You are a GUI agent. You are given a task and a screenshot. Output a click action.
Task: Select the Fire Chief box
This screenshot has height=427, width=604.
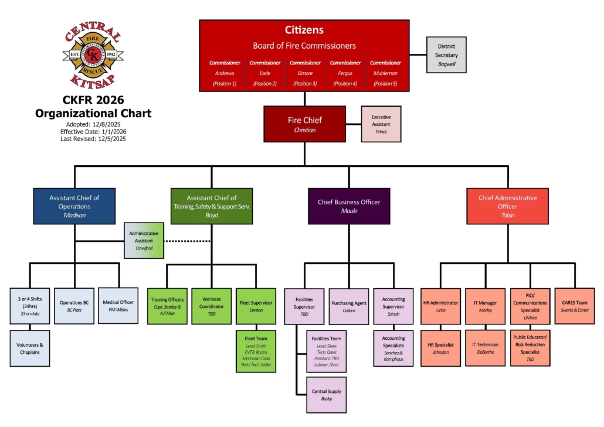pos(304,124)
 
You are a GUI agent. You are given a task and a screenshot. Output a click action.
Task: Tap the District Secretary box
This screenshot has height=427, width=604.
pos(447,54)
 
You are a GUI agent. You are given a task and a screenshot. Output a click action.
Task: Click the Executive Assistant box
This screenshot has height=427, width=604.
pos(381,124)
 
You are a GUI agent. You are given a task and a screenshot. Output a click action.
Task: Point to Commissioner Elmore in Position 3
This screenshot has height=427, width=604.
pos(305,73)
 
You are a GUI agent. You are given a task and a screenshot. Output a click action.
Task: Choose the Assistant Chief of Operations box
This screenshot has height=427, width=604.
pos(74,206)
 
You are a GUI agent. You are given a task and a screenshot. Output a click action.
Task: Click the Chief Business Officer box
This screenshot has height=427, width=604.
pos(349,206)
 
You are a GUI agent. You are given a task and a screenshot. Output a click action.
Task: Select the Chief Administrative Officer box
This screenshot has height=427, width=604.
pos(508,206)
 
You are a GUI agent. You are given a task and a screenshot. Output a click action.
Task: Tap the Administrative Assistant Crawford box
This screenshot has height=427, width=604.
pos(144,240)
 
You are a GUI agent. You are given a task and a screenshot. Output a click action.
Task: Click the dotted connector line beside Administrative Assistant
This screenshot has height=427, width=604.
pos(188,241)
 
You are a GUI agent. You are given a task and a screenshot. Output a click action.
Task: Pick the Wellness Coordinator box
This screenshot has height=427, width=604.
pos(211,306)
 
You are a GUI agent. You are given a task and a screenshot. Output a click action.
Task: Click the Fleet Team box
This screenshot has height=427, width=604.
pos(256,351)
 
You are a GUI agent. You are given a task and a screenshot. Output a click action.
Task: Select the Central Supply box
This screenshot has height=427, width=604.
pos(326,395)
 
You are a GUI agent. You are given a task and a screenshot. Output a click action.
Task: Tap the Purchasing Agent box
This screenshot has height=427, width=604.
pos(348,306)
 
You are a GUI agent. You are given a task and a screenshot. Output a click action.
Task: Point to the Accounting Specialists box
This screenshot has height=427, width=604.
pos(393,349)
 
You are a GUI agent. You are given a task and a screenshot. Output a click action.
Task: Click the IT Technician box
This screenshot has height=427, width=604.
pos(485,348)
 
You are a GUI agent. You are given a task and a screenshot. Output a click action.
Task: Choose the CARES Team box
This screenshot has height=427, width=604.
pos(575,306)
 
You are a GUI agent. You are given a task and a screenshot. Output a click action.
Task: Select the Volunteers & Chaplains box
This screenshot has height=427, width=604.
pos(29,348)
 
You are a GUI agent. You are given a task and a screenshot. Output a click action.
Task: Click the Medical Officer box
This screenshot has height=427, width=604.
pos(118,306)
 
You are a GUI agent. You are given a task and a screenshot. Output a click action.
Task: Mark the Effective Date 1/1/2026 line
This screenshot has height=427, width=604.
pos(92,132)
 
